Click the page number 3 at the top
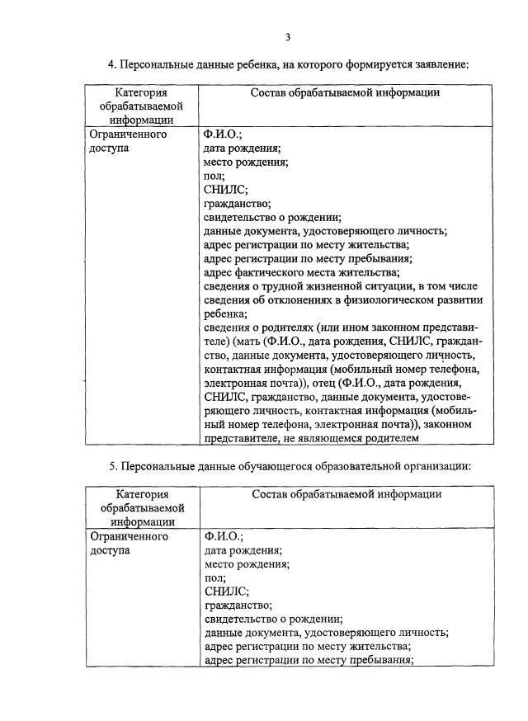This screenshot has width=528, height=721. pyautogui.click(x=287, y=36)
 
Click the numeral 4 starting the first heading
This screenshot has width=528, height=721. pyautogui.click(x=112, y=64)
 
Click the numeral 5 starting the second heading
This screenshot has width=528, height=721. pyautogui.click(x=113, y=466)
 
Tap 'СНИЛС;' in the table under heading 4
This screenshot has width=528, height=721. pyautogui.click(x=224, y=189)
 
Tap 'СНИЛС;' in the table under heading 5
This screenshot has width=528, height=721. pyautogui.click(x=226, y=591)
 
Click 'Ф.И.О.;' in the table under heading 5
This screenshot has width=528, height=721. pyautogui.click(x=224, y=536)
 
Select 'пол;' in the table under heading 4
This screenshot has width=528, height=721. pyautogui.click(x=213, y=175)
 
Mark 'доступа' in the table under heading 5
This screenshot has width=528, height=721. pyautogui.click(x=110, y=550)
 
